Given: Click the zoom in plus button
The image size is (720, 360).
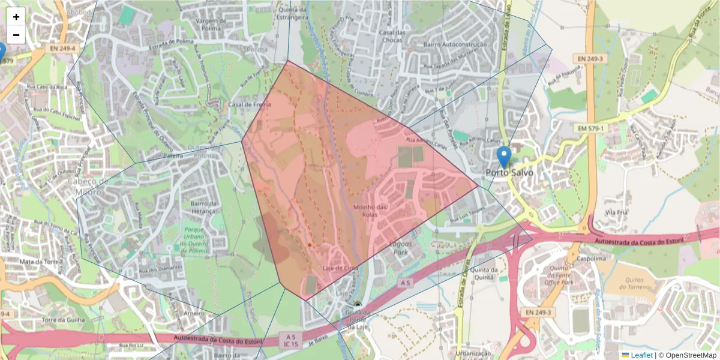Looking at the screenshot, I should (16, 17).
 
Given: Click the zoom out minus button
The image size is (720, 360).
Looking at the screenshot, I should (16, 35).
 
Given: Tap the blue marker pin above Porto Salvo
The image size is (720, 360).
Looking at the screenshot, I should (504, 157).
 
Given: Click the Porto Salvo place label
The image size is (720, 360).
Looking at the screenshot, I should (509, 173).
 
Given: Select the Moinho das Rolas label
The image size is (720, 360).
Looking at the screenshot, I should (370, 211).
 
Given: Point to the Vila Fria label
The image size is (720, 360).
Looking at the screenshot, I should (616, 212).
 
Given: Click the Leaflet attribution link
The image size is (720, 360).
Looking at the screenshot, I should (641, 355).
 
